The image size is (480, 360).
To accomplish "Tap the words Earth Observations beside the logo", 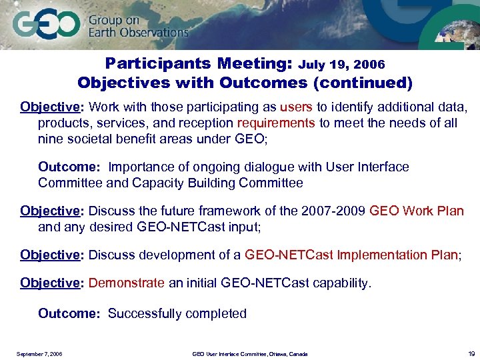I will (138, 32).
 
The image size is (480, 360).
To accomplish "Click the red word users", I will (294, 107).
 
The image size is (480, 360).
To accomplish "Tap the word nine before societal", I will (49, 139).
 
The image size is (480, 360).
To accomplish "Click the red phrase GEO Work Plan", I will (416, 211).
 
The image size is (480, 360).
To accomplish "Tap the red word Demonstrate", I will (126, 283).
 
